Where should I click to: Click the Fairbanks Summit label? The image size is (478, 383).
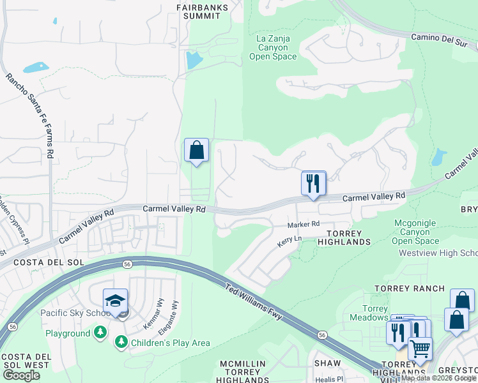202,11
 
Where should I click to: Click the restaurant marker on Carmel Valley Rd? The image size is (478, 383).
314,183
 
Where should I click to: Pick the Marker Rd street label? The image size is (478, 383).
303,224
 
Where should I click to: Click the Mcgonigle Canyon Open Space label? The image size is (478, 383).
415,232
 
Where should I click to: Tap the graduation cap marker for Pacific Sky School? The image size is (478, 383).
115,301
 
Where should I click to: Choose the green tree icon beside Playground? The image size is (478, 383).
100,333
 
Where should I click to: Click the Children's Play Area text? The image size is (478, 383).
170,343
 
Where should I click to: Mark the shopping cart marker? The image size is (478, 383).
420,349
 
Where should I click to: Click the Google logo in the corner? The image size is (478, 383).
22,375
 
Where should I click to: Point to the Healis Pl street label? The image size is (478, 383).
332,379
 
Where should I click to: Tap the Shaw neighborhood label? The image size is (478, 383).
327,363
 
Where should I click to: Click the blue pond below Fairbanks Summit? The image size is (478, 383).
192,61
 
